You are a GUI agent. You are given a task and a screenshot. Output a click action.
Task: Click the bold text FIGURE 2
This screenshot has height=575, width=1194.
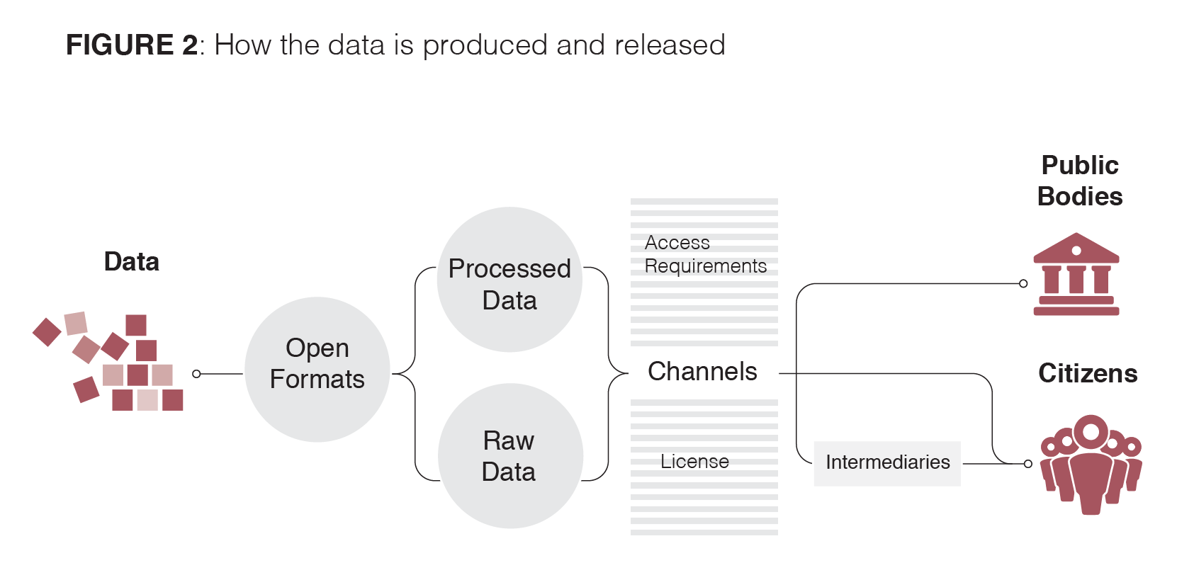[x=132, y=44]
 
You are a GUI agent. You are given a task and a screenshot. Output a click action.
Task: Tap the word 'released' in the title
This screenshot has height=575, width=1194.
[x=670, y=44]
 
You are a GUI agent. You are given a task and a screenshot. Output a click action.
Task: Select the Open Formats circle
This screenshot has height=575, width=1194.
[x=317, y=370]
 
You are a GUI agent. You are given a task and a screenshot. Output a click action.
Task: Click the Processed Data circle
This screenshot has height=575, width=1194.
[x=509, y=279]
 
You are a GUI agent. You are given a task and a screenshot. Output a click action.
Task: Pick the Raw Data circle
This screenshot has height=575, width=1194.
[x=510, y=455]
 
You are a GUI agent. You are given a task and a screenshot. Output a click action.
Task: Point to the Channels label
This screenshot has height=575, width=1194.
[x=702, y=371]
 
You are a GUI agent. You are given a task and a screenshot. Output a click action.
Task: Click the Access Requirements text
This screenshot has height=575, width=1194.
[x=705, y=254]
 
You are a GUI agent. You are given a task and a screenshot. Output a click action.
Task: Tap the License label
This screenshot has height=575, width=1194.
[x=694, y=461]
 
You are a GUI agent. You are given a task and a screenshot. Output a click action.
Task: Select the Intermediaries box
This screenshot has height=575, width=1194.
[x=887, y=463]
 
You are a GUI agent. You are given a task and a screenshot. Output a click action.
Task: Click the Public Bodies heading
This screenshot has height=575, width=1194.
[x=1080, y=181]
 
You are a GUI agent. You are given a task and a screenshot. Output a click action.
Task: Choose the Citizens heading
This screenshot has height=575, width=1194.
[x=1088, y=373]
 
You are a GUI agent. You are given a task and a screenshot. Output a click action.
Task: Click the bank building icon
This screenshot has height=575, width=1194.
[x=1076, y=274]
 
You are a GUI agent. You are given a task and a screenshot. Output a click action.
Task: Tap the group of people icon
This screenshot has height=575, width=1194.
[x=1091, y=464]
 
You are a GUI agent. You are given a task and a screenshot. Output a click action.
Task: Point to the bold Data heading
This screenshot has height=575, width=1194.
[x=132, y=261]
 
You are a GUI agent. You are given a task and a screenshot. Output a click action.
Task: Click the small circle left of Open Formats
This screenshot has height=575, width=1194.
[x=197, y=374]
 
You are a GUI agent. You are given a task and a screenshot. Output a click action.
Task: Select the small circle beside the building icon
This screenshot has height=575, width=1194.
[x=1023, y=283]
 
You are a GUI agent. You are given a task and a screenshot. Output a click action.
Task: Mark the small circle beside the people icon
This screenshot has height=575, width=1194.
[x=1027, y=464]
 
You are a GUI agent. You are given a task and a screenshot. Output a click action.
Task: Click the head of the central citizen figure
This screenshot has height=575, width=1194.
[x=1091, y=432]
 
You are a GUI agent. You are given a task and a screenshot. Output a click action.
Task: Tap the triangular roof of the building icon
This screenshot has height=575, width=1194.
[x=1076, y=248]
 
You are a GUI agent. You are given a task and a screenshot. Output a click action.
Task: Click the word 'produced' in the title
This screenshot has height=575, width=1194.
[x=485, y=45]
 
